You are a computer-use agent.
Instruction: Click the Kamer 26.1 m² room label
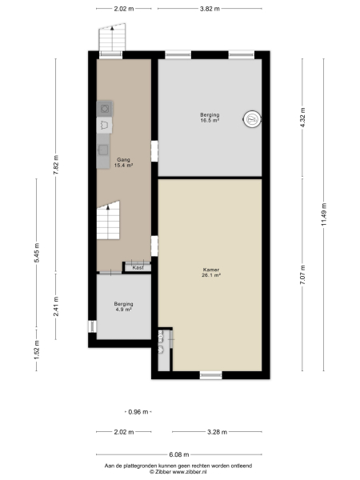click(x=211, y=272)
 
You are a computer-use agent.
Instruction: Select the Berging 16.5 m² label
click(x=210, y=118)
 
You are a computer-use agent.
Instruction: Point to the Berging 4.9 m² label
click(x=123, y=306)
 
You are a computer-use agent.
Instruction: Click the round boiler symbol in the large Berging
click(x=253, y=118)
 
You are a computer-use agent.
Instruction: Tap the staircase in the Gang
click(x=110, y=220)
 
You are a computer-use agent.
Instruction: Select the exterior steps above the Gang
click(x=113, y=37)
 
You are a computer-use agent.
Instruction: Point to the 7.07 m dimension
click(x=302, y=274)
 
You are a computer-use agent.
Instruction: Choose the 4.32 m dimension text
click(x=302, y=116)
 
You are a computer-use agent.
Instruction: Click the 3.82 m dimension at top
click(x=210, y=8)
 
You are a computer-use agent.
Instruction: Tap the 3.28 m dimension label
click(x=216, y=432)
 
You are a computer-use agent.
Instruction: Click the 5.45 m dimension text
click(x=37, y=263)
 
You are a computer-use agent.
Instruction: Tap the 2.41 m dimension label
click(x=55, y=307)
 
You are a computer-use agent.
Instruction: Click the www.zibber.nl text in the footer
click(x=190, y=471)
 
